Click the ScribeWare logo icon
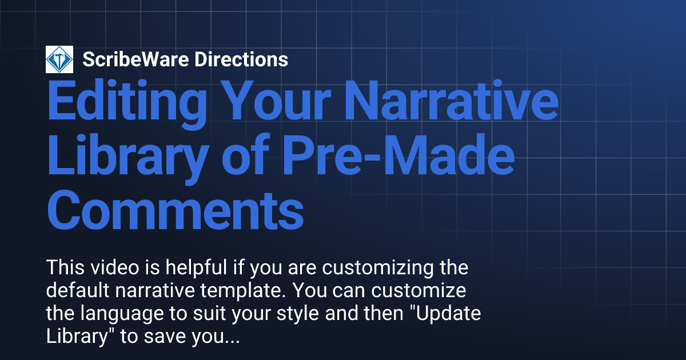[x=59, y=59]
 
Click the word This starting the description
[x=63, y=267]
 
